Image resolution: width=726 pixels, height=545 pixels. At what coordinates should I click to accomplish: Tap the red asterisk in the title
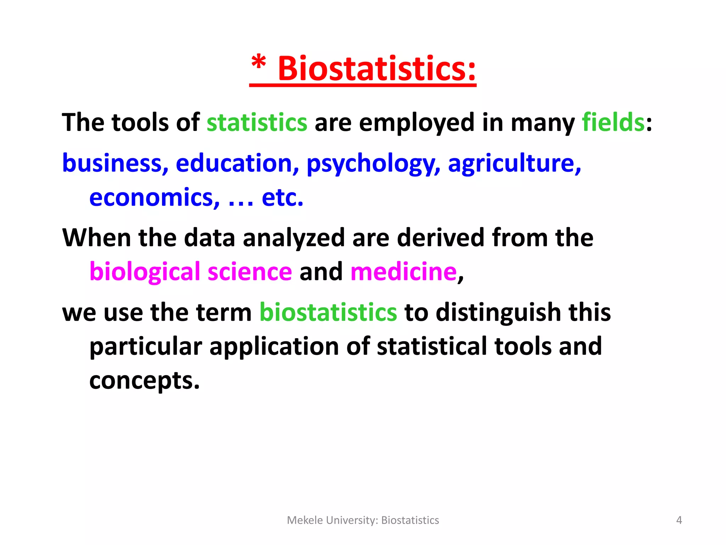[258, 63]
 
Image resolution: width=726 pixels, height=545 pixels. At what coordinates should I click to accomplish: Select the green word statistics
[257, 122]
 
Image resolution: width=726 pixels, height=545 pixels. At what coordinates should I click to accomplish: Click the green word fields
[613, 122]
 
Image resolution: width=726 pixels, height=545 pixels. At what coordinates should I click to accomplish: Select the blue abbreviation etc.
[282, 197]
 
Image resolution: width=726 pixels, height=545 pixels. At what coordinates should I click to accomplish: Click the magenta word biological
[145, 272]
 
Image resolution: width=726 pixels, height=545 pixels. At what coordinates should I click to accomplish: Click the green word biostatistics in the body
[328, 312]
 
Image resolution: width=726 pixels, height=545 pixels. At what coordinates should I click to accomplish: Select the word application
[274, 347]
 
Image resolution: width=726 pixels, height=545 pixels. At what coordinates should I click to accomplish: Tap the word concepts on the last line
[144, 381]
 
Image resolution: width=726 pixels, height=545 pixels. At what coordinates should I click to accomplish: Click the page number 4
[679, 520]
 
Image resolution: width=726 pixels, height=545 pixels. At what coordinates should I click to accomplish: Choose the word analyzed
[294, 238]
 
